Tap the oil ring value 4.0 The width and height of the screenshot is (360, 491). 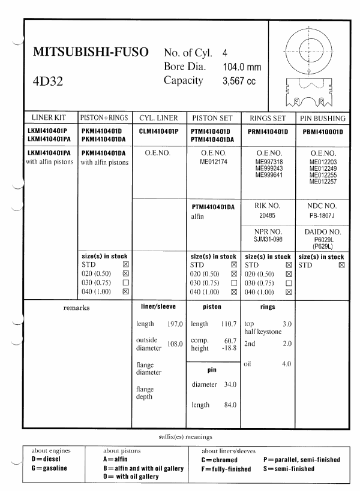click(286, 364)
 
